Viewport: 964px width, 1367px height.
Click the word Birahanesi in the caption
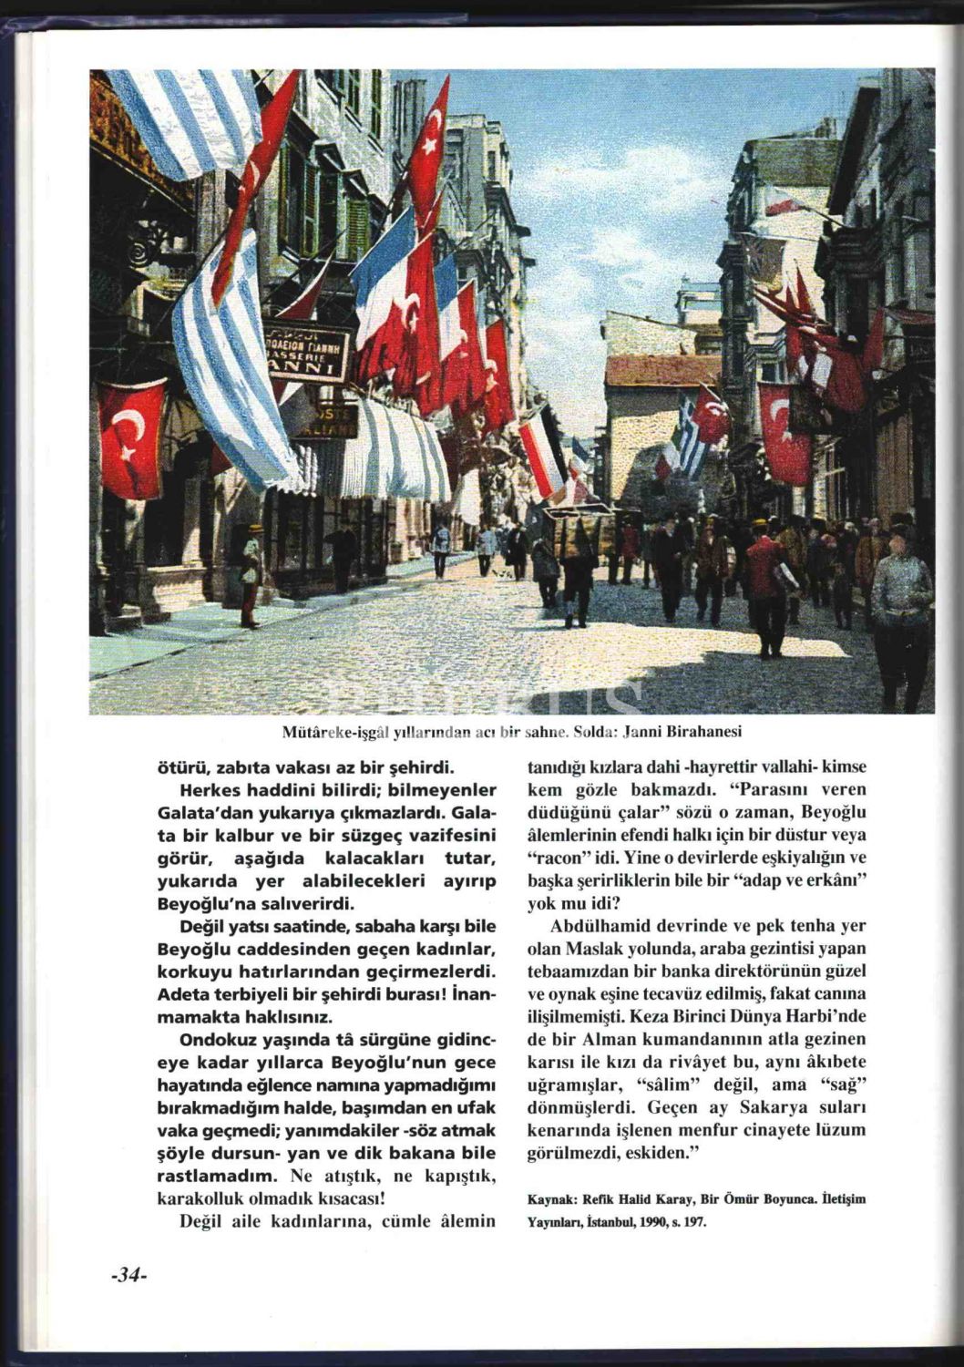[x=710, y=731]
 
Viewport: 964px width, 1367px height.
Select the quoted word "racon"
[x=555, y=858]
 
